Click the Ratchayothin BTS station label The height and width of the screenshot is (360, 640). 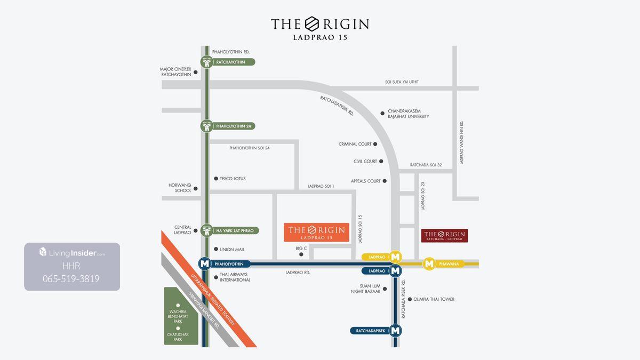[x=230, y=62]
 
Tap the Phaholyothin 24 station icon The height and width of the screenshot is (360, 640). [x=207, y=126]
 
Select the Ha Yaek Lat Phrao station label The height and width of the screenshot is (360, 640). [x=235, y=231]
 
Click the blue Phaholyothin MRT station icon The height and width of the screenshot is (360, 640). [x=204, y=263]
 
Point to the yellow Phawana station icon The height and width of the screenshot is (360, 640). [x=429, y=263]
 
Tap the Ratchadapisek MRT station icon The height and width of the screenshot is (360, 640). [x=395, y=331]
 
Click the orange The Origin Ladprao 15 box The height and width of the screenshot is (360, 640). [x=316, y=233]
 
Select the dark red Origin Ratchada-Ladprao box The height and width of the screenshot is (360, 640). [x=444, y=236]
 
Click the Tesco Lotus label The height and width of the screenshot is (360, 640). [x=233, y=179]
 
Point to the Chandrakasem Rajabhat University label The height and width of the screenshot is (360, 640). [x=408, y=114]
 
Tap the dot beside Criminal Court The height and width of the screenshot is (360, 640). [x=375, y=144]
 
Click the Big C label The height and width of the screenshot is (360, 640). [x=301, y=249]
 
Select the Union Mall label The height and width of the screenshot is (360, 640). [x=232, y=250]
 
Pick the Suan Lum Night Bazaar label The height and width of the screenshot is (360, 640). [x=365, y=289]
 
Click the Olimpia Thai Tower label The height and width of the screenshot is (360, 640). [x=434, y=299]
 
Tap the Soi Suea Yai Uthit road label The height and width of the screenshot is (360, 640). [x=402, y=82]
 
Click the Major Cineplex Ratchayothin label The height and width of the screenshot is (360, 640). [x=175, y=72]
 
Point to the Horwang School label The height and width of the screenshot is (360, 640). [x=180, y=188]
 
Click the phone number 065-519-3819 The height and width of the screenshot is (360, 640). [x=71, y=279]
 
